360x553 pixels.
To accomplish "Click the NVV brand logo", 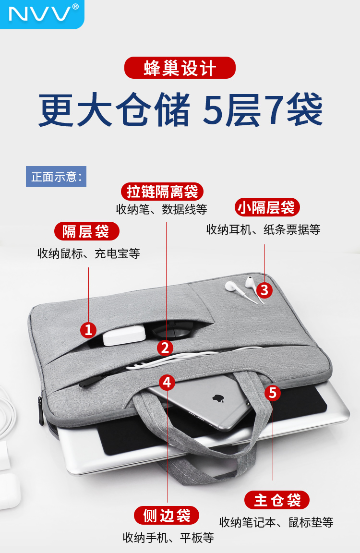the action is click(42, 13).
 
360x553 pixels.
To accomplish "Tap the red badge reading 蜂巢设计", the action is click(180, 68).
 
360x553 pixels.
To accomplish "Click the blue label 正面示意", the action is click(56, 176).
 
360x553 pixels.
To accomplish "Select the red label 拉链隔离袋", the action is click(162, 192).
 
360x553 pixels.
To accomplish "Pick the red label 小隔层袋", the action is click(267, 207).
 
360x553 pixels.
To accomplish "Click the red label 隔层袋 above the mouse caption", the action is click(87, 231).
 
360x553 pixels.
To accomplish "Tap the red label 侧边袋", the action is click(167, 516).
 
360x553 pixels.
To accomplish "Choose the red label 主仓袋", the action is click(277, 500).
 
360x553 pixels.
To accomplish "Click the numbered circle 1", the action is click(88, 330).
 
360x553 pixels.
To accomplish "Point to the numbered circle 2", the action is click(165, 348).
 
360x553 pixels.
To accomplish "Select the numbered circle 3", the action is click(264, 290).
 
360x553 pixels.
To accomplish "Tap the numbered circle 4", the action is click(167, 383).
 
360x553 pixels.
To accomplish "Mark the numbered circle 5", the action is click(273, 393).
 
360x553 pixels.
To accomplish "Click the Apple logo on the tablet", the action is click(218, 398).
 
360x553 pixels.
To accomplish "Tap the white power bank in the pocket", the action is click(124, 335).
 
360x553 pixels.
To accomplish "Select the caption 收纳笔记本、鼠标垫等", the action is click(276, 522).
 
